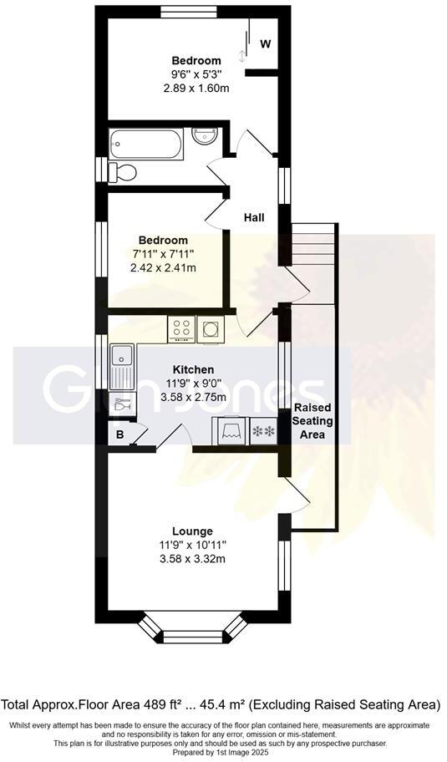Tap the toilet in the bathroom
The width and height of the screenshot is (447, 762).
(x=122, y=172)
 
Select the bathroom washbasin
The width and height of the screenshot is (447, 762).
(x=204, y=135)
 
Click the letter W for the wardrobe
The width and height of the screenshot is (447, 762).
(x=264, y=43)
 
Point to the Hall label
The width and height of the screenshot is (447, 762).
(x=254, y=217)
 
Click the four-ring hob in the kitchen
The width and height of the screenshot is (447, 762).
(x=181, y=329)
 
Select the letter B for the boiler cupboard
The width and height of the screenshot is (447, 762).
(x=119, y=434)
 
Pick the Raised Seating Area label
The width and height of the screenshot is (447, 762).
(x=314, y=421)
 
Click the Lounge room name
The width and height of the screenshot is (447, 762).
(x=192, y=531)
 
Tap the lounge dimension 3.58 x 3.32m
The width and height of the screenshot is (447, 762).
(x=192, y=559)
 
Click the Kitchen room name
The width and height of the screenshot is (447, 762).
(x=193, y=369)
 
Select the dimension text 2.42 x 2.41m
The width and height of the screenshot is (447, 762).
(x=163, y=267)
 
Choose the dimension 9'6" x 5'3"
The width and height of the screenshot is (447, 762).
(x=196, y=74)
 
